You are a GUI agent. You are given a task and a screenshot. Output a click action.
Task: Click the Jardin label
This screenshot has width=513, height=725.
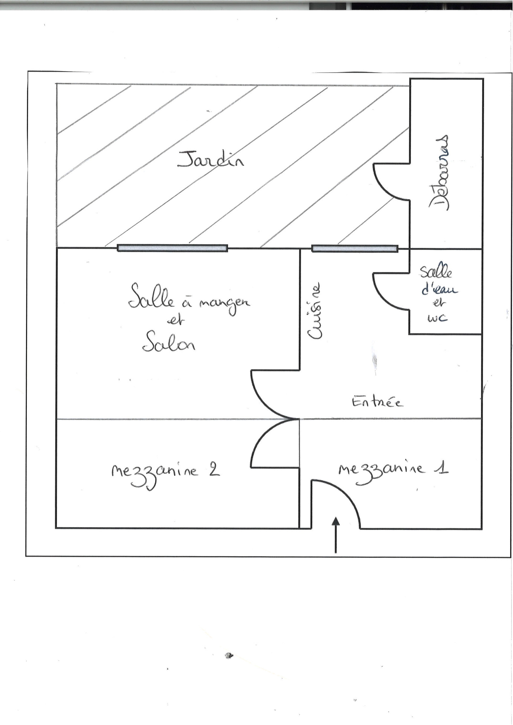click(211, 159)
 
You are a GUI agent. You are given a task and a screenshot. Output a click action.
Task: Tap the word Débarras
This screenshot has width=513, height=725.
click(439, 172)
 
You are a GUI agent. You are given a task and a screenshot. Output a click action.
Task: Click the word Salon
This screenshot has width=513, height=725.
click(168, 341)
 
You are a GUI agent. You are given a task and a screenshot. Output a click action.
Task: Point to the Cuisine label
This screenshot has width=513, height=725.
click(315, 311)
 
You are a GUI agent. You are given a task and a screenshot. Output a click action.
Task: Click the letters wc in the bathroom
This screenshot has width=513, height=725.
click(437, 318)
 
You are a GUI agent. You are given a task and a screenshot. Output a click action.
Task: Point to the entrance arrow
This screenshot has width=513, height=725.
click(336, 535)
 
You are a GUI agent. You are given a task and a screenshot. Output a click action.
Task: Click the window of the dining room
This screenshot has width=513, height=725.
click(172, 248)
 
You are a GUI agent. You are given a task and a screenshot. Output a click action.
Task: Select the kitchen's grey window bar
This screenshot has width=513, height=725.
click(354, 248)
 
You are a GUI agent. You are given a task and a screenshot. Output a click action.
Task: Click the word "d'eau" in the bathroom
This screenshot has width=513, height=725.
click(439, 289)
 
